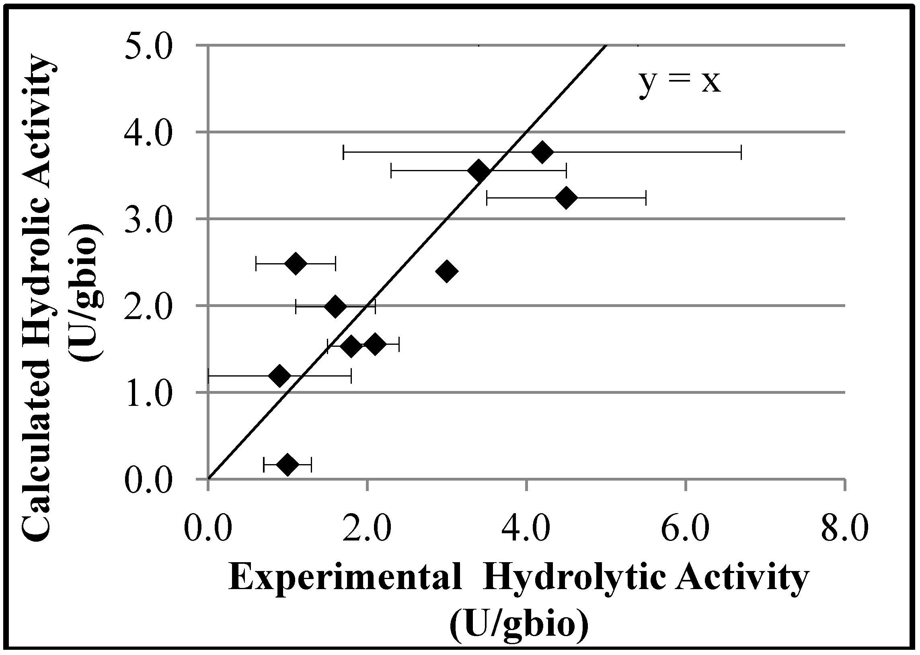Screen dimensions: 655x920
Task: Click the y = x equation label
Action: tap(679, 83)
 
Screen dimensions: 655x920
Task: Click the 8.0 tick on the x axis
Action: tap(844, 528)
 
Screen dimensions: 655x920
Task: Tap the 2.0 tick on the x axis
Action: tap(366, 528)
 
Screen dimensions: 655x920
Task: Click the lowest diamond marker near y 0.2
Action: tap(287, 465)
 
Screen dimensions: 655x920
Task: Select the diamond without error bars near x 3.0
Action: tap(446, 270)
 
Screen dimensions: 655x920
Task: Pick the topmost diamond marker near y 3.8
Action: tap(542, 152)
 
